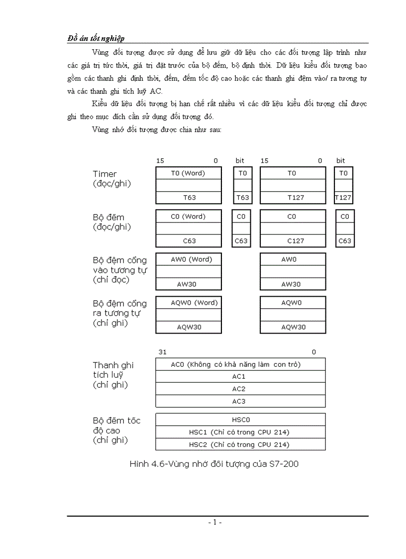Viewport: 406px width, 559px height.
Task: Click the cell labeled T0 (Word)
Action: (x=189, y=173)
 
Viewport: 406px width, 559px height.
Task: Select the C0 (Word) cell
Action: (x=189, y=217)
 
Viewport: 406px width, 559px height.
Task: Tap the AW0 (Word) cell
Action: (x=189, y=259)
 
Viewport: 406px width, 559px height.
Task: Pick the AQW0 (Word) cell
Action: (x=189, y=303)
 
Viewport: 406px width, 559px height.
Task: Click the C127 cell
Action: (x=292, y=241)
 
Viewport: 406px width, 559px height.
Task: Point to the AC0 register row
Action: (x=241, y=364)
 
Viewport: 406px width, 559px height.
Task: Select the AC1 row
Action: (x=241, y=377)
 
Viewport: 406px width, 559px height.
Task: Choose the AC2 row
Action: (x=241, y=389)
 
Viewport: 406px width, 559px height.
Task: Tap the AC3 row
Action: (x=241, y=401)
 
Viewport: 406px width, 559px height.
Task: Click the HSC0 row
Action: (x=241, y=420)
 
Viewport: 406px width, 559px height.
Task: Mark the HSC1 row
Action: (x=241, y=432)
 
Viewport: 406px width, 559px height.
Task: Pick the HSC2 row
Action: (x=241, y=445)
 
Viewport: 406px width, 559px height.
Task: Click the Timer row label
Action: (x=105, y=174)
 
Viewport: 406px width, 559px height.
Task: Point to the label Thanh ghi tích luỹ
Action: (x=113, y=375)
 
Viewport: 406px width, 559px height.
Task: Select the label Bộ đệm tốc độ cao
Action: (x=116, y=430)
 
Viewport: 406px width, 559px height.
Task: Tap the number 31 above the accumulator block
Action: (x=163, y=352)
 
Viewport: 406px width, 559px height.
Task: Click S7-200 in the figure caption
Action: (x=283, y=464)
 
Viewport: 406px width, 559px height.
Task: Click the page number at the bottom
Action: (x=215, y=522)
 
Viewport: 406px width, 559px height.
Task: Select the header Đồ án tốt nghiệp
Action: (x=96, y=38)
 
